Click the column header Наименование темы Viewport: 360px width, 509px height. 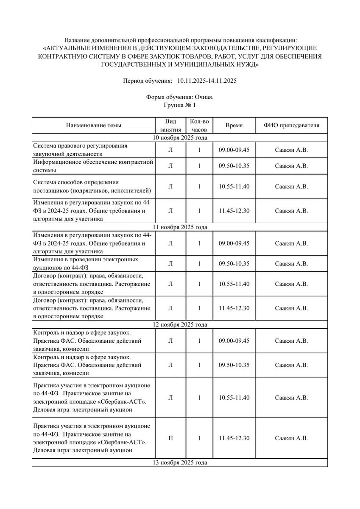[x=93, y=126]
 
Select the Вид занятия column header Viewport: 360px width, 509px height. [x=170, y=126]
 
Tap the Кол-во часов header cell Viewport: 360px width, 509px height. [x=199, y=126]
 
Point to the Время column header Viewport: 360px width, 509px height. [x=234, y=126]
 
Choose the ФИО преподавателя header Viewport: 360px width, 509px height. [x=291, y=126]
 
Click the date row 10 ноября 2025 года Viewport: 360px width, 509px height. [x=180, y=138]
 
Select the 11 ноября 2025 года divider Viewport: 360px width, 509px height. [x=180, y=227]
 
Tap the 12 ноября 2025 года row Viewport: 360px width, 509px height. [x=180, y=325]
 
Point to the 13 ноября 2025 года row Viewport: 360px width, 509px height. [x=180, y=463]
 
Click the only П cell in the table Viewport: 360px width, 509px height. [x=170, y=439]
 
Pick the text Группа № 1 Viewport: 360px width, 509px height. [x=180, y=105]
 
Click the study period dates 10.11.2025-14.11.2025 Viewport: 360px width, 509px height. [x=207, y=81]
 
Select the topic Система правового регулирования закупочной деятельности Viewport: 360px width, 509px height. [x=80, y=150]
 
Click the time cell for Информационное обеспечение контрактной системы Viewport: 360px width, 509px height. [x=234, y=166]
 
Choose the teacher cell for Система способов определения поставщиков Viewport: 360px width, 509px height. [x=291, y=187]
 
